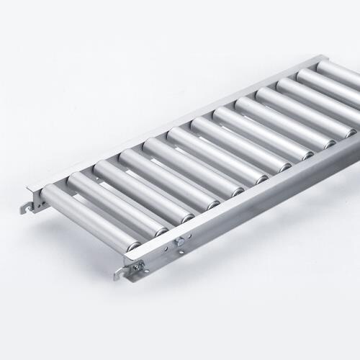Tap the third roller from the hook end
(137, 189)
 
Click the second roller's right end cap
(160, 231)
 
